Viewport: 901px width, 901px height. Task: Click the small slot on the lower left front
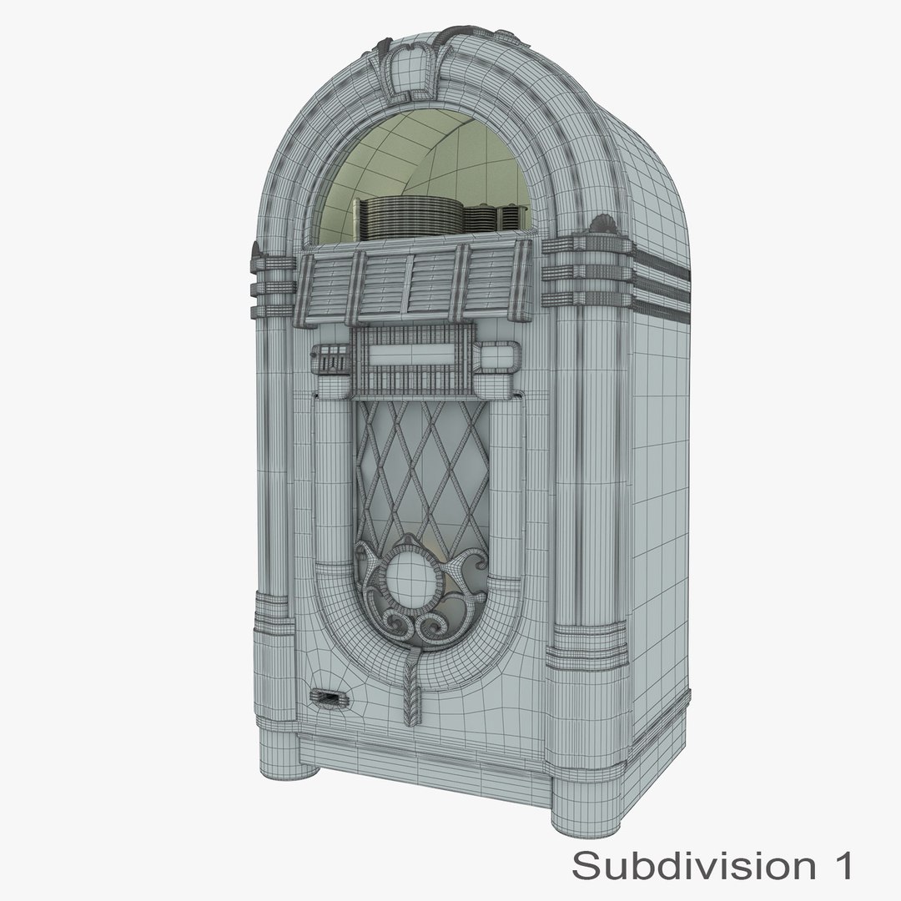click(325, 697)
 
